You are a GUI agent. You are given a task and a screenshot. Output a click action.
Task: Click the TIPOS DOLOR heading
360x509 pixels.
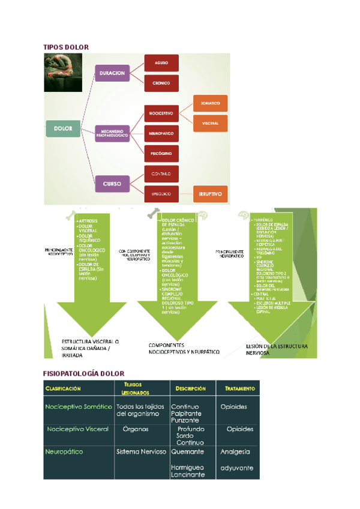[x=66, y=47]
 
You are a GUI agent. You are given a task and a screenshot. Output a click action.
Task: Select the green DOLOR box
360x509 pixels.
[x=63, y=128]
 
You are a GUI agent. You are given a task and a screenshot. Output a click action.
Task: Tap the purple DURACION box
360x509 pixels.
[x=112, y=73]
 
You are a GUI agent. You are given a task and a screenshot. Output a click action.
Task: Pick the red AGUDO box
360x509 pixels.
[x=161, y=62]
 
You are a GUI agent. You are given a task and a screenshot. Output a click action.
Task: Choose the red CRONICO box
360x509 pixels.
[x=161, y=83]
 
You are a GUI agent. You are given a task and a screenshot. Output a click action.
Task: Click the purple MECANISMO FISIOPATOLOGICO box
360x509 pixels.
[x=112, y=133]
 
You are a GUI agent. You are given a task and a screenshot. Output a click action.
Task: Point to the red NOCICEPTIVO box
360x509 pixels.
[x=161, y=113]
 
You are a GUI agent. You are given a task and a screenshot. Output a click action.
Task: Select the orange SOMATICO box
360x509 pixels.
[x=210, y=103]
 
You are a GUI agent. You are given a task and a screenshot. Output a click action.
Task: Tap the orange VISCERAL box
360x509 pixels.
[x=210, y=123]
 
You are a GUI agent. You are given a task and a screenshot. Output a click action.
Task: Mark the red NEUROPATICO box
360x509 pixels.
[x=161, y=133]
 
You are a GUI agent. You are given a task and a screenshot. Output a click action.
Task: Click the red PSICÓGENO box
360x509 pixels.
[x=161, y=153]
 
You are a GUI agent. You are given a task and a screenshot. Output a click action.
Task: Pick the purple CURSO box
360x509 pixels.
[x=112, y=183]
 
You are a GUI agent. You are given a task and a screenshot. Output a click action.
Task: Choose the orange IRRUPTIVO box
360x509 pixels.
[x=210, y=194]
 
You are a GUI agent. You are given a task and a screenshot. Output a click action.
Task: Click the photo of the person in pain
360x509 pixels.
[x=63, y=73]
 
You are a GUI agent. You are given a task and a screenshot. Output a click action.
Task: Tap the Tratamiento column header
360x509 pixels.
[x=240, y=388]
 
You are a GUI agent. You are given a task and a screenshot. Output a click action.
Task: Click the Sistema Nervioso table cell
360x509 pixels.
[x=141, y=451]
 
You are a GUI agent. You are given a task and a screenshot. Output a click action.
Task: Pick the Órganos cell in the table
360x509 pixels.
[x=136, y=429]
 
